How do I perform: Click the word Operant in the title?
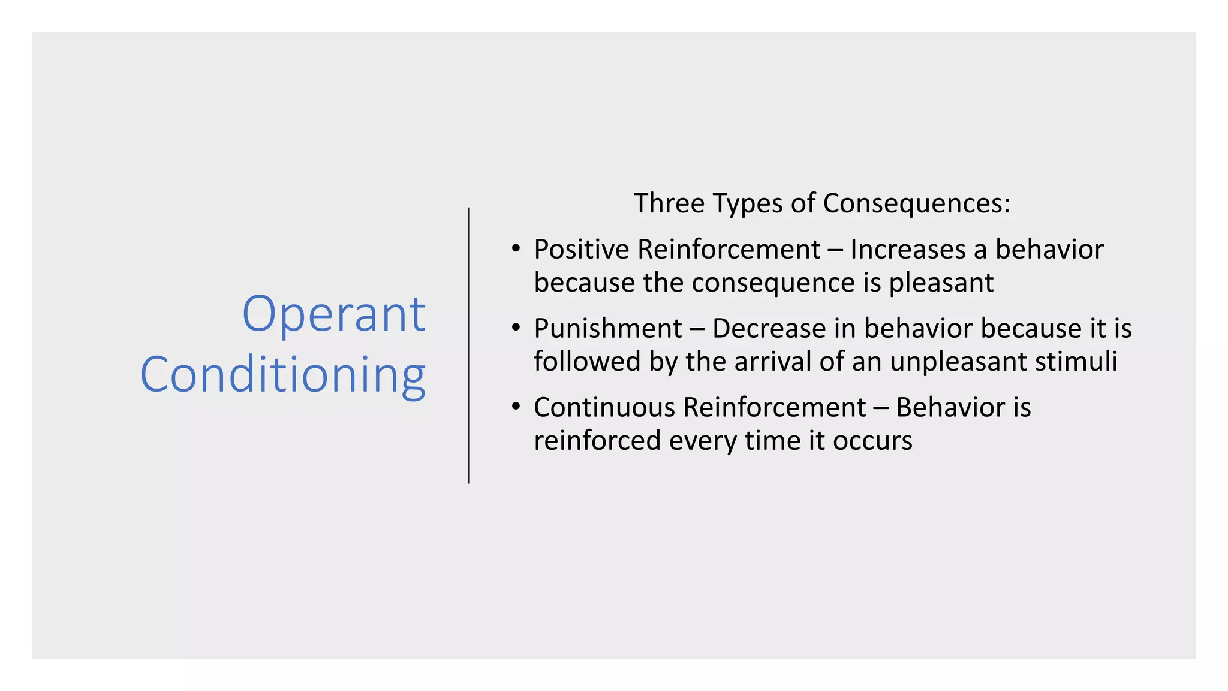[333, 315]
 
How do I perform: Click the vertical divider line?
[469, 345]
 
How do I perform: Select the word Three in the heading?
[669, 203]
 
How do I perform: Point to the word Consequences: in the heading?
[916, 204]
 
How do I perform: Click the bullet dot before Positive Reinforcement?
[516, 248]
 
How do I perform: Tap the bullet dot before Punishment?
[516, 328]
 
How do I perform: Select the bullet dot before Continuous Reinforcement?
[516, 407]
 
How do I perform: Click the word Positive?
[582, 250]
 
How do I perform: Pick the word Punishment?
[607, 329]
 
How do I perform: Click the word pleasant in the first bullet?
[941, 283]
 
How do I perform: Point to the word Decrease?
[769, 329]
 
